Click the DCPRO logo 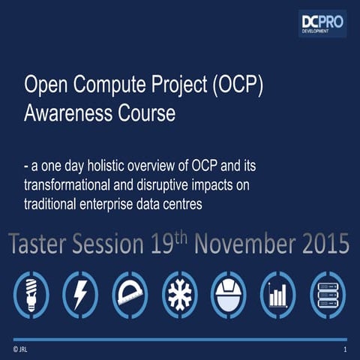coord(322,23)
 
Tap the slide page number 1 coord(344,350)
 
